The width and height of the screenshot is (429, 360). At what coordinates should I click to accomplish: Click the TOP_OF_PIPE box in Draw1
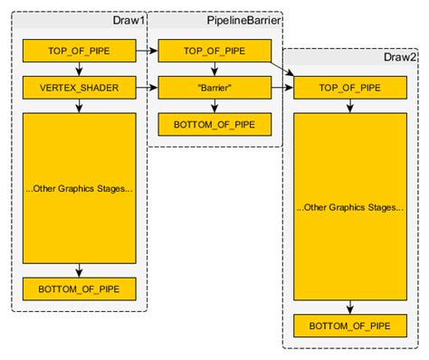(79, 51)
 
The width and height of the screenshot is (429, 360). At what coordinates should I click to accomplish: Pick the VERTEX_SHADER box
(79, 88)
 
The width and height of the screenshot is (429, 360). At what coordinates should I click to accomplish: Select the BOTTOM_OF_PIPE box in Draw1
(79, 289)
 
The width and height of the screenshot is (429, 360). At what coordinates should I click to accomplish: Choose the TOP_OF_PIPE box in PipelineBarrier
(214, 51)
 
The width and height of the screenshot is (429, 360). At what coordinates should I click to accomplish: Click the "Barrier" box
(214, 88)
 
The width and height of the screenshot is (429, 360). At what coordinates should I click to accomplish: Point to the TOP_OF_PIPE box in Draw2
(350, 88)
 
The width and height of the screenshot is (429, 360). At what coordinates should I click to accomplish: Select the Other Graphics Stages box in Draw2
(350, 207)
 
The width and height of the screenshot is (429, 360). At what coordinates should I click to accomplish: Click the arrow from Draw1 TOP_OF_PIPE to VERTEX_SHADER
(80, 70)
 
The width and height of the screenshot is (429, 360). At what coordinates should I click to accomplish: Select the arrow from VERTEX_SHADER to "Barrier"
(147, 88)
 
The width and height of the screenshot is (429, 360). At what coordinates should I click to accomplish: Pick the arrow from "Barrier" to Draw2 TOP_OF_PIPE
(282, 88)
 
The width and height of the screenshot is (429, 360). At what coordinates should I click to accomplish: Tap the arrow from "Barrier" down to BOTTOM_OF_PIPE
(215, 107)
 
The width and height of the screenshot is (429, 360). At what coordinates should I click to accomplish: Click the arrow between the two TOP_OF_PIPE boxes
(147, 51)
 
